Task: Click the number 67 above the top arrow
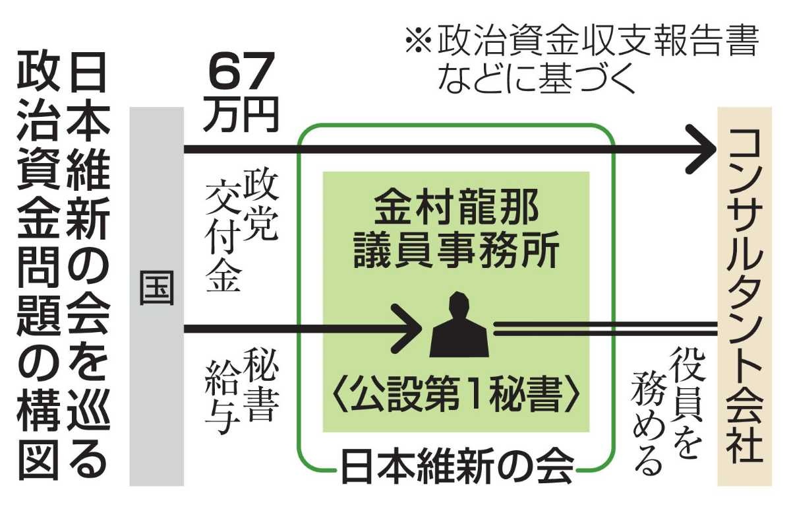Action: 241,73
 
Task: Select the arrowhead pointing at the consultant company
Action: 701,149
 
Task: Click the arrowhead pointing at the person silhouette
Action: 407,329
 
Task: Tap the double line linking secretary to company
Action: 605,329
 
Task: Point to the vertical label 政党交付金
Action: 241,232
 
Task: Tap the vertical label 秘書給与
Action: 241,391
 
